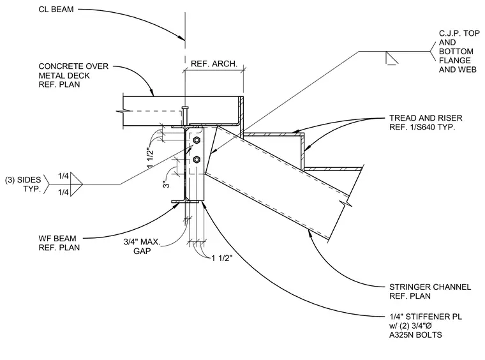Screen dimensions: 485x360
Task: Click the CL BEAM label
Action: pyautogui.click(x=56, y=10)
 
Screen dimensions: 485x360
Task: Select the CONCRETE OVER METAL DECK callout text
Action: pyautogui.click(x=73, y=75)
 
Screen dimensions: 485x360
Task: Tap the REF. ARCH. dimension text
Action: pyautogui.click(x=214, y=64)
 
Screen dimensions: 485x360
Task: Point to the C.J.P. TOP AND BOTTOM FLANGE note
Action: pyautogui.click(x=459, y=51)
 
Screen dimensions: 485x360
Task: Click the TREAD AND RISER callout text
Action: pyautogui.click(x=426, y=123)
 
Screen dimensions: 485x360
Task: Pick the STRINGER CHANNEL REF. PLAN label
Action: pyautogui.click(x=430, y=291)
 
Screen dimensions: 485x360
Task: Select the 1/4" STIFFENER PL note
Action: pyautogui.click(x=426, y=326)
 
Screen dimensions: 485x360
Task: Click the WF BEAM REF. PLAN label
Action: pyautogui.click(x=59, y=243)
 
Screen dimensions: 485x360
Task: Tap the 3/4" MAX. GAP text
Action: pyautogui.click(x=142, y=246)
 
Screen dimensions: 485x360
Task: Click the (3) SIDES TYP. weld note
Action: pyautogui.click(x=23, y=184)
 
